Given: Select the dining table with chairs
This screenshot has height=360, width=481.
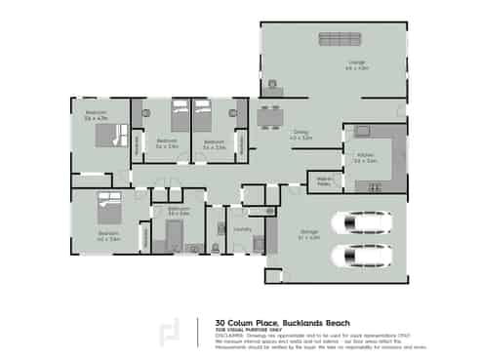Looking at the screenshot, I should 269,113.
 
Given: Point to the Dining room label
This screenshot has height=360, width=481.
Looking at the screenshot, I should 301,136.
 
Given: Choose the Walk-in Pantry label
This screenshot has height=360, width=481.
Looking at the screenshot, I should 319,181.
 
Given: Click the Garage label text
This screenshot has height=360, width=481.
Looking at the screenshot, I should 308,233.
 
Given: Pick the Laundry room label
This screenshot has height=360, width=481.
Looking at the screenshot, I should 242,229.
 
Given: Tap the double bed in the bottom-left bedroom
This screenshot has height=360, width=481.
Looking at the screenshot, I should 107,211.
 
